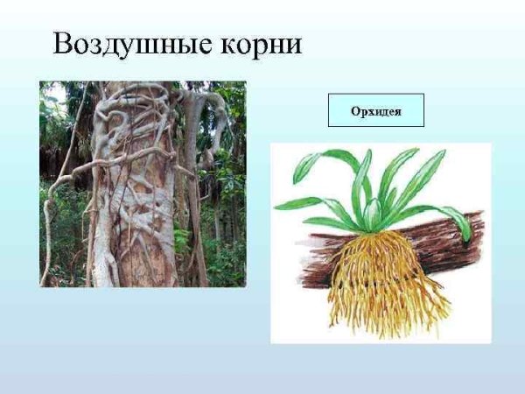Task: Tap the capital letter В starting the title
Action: [x=63, y=44]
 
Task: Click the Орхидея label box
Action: [x=375, y=110]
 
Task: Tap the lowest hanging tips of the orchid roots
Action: [x=385, y=331]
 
